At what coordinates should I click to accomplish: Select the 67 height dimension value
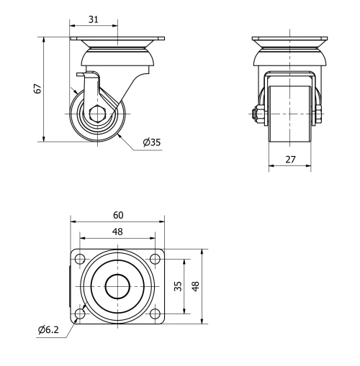(37, 88)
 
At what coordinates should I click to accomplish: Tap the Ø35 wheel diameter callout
(151, 142)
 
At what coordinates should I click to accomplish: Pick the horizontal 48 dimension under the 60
(117, 232)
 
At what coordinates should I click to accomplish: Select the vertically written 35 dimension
(177, 286)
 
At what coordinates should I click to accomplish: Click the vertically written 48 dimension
(195, 286)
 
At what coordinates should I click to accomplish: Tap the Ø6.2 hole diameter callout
(49, 331)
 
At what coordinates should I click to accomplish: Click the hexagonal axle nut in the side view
(97, 114)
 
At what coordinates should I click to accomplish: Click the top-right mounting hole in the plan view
(156, 259)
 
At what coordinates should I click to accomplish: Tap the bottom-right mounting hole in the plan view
(156, 314)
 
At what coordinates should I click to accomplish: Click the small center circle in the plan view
(117, 286)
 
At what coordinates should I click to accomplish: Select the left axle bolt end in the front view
(256, 113)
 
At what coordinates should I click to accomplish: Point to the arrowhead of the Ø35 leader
(120, 132)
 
